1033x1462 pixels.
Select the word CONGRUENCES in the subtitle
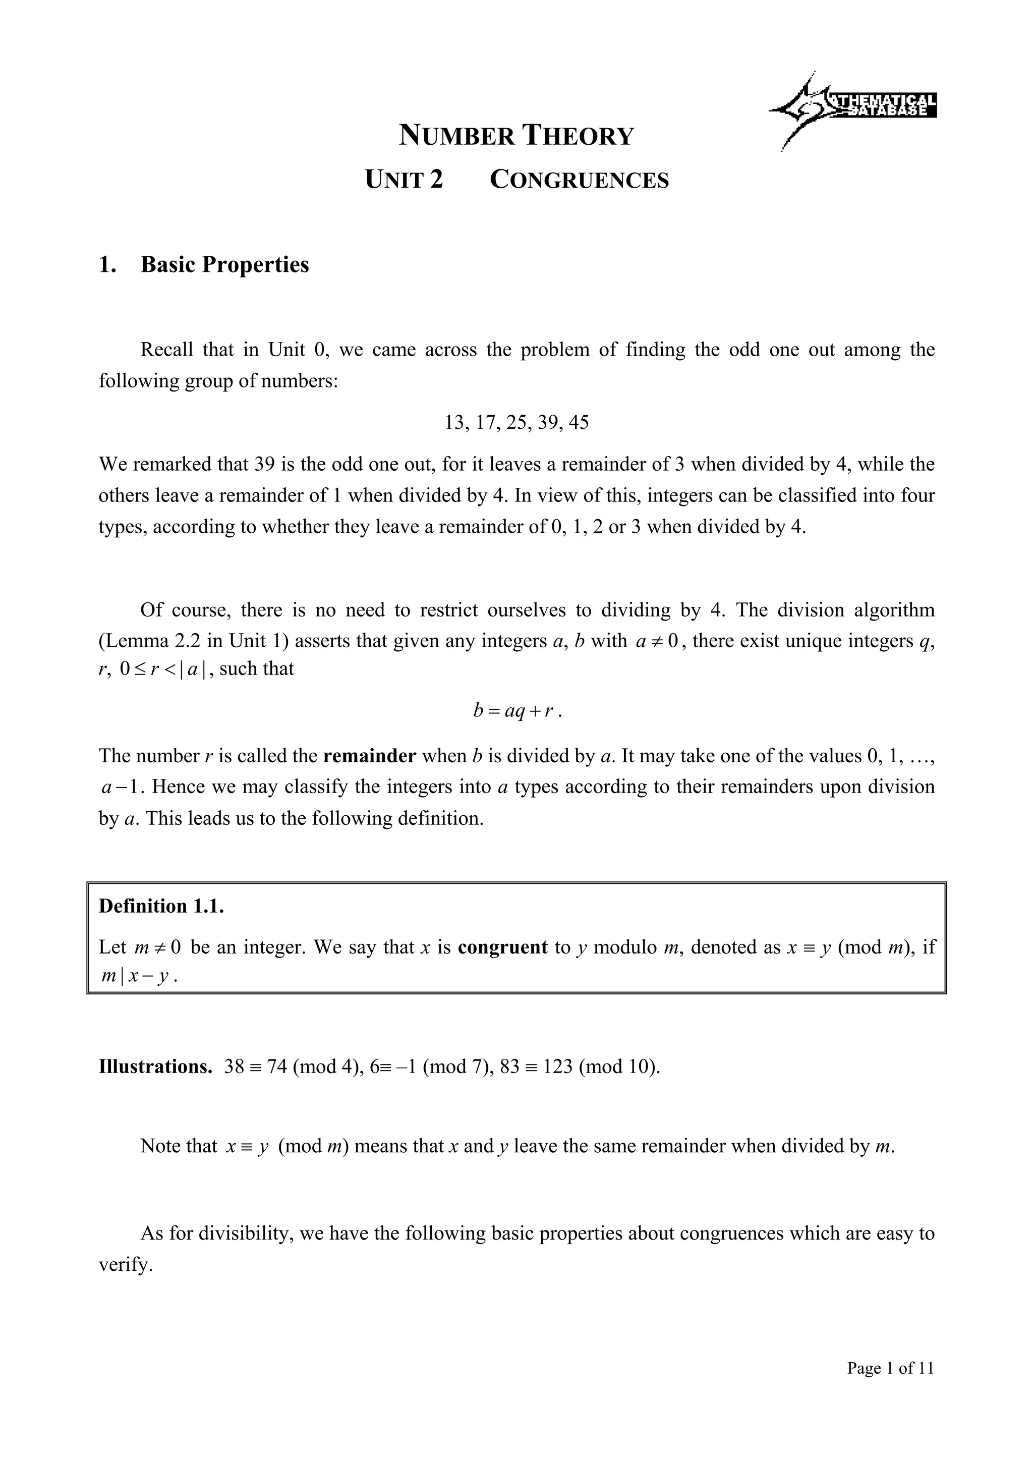point(579,180)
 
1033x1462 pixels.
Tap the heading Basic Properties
point(224,265)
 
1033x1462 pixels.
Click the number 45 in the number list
point(579,423)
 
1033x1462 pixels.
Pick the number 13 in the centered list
point(455,423)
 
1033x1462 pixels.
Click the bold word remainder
point(370,756)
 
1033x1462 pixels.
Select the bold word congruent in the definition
point(502,947)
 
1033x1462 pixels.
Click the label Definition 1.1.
point(161,906)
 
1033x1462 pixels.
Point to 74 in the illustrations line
point(277,1067)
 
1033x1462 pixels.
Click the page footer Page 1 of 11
point(890,1368)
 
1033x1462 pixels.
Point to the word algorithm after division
point(894,610)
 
